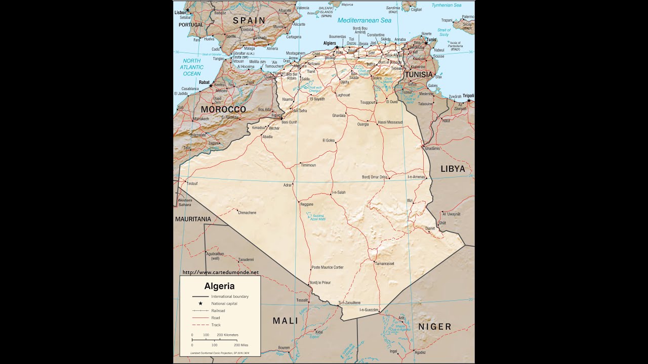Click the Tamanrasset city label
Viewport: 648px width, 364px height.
tap(385, 263)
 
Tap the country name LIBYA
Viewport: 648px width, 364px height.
tap(452, 169)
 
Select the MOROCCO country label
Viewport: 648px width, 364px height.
tap(223, 109)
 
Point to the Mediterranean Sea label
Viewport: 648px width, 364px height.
tap(364, 21)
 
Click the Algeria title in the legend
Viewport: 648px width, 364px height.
tap(219, 286)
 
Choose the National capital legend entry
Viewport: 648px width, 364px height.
tap(224, 303)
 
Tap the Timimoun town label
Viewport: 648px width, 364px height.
tap(308, 165)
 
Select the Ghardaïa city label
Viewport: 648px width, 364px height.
tap(339, 115)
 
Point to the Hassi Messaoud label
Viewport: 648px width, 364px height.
tap(390, 122)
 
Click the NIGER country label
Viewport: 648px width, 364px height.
tap(434, 327)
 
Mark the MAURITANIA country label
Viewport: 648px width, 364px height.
tap(193, 219)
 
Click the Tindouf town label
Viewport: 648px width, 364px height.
tap(192, 184)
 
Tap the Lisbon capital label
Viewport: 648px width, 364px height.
tap(180, 12)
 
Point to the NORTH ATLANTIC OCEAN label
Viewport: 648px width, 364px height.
tap(192, 67)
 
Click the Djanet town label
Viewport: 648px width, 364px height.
tap(430, 228)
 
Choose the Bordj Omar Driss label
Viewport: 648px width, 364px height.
tap(375, 177)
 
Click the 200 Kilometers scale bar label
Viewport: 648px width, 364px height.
tap(227, 335)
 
